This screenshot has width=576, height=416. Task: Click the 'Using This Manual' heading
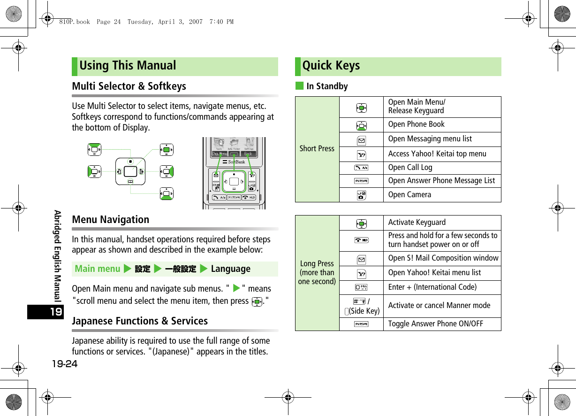tap(128, 66)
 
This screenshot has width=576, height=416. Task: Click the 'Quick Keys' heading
tap(331, 66)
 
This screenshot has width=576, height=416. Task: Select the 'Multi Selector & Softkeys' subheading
tap(129, 86)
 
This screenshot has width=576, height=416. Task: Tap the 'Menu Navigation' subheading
tap(111, 220)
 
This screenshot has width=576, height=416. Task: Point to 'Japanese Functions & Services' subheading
tap(140, 321)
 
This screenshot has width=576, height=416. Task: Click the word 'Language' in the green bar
tap(230, 269)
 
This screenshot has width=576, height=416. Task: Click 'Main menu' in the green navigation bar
tap(98, 269)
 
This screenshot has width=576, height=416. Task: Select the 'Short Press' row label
tap(317, 149)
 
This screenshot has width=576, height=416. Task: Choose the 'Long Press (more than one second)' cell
tap(317, 272)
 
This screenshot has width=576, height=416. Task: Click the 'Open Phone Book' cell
tap(417, 124)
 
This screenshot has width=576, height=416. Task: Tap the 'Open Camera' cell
tap(409, 195)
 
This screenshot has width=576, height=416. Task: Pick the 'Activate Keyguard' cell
tap(417, 223)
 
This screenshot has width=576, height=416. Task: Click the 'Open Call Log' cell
tap(410, 168)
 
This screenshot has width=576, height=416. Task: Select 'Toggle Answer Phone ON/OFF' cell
tap(436, 324)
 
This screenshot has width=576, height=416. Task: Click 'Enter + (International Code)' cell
tap(432, 287)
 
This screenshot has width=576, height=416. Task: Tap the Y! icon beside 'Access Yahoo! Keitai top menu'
tap(361, 154)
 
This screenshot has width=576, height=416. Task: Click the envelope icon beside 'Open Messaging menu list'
tap(361, 139)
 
